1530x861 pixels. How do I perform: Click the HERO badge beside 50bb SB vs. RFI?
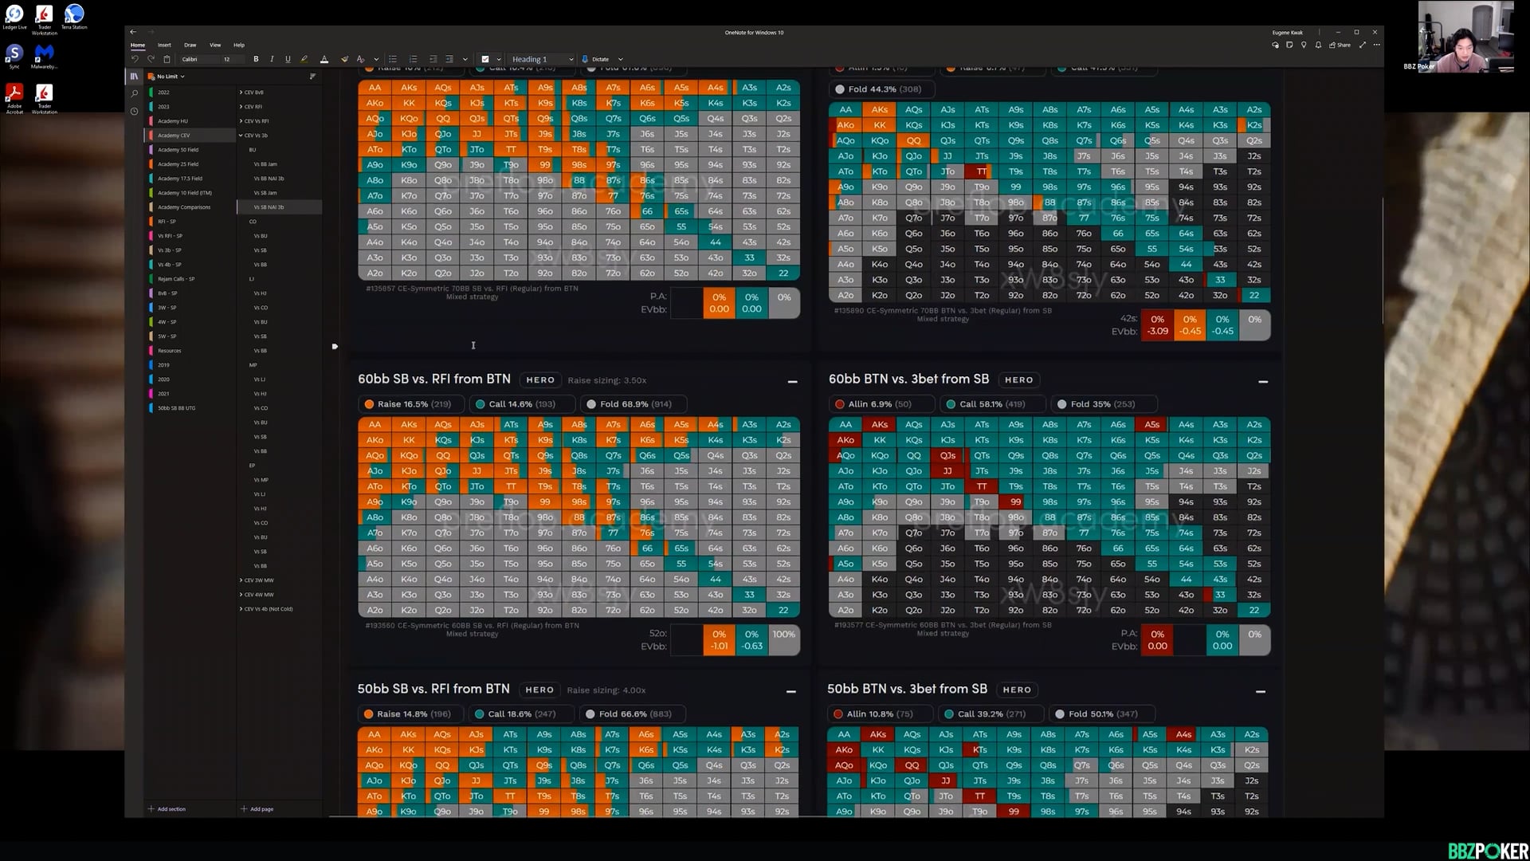pyautogui.click(x=539, y=690)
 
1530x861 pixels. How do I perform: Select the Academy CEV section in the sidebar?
pyautogui.click(x=174, y=136)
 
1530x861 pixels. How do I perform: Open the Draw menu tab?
pyautogui.click(x=190, y=45)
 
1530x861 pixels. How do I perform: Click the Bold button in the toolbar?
pyautogui.click(x=256, y=59)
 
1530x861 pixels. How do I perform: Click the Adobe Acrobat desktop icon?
pyautogui.click(x=14, y=99)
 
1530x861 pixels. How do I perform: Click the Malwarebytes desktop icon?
pyautogui.click(x=44, y=56)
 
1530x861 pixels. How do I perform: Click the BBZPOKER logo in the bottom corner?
pyautogui.click(x=1487, y=851)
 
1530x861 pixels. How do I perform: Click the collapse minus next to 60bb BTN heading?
pyautogui.click(x=1263, y=382)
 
